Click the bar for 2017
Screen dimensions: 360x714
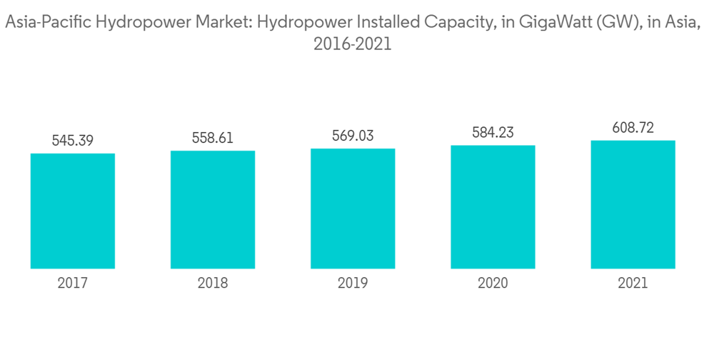(72, 211)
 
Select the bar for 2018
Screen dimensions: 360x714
(213, 209)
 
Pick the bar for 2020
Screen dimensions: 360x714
(493, 206)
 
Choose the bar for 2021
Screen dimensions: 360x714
(633, 204)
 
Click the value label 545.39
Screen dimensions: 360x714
(72, 141)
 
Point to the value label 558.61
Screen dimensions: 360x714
(213, 139)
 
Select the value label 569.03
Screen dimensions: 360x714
(353, 136)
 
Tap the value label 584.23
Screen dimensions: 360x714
(493, 133)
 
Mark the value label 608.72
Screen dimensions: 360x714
(633, 128)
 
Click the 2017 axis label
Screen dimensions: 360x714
(72, 284)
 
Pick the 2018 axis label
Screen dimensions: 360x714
(213, 284)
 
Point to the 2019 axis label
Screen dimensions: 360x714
(353, 284)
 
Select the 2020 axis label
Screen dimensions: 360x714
(493, 284)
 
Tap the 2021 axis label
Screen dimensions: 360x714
(633, 284)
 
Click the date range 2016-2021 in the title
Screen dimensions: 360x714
(353, 44)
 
